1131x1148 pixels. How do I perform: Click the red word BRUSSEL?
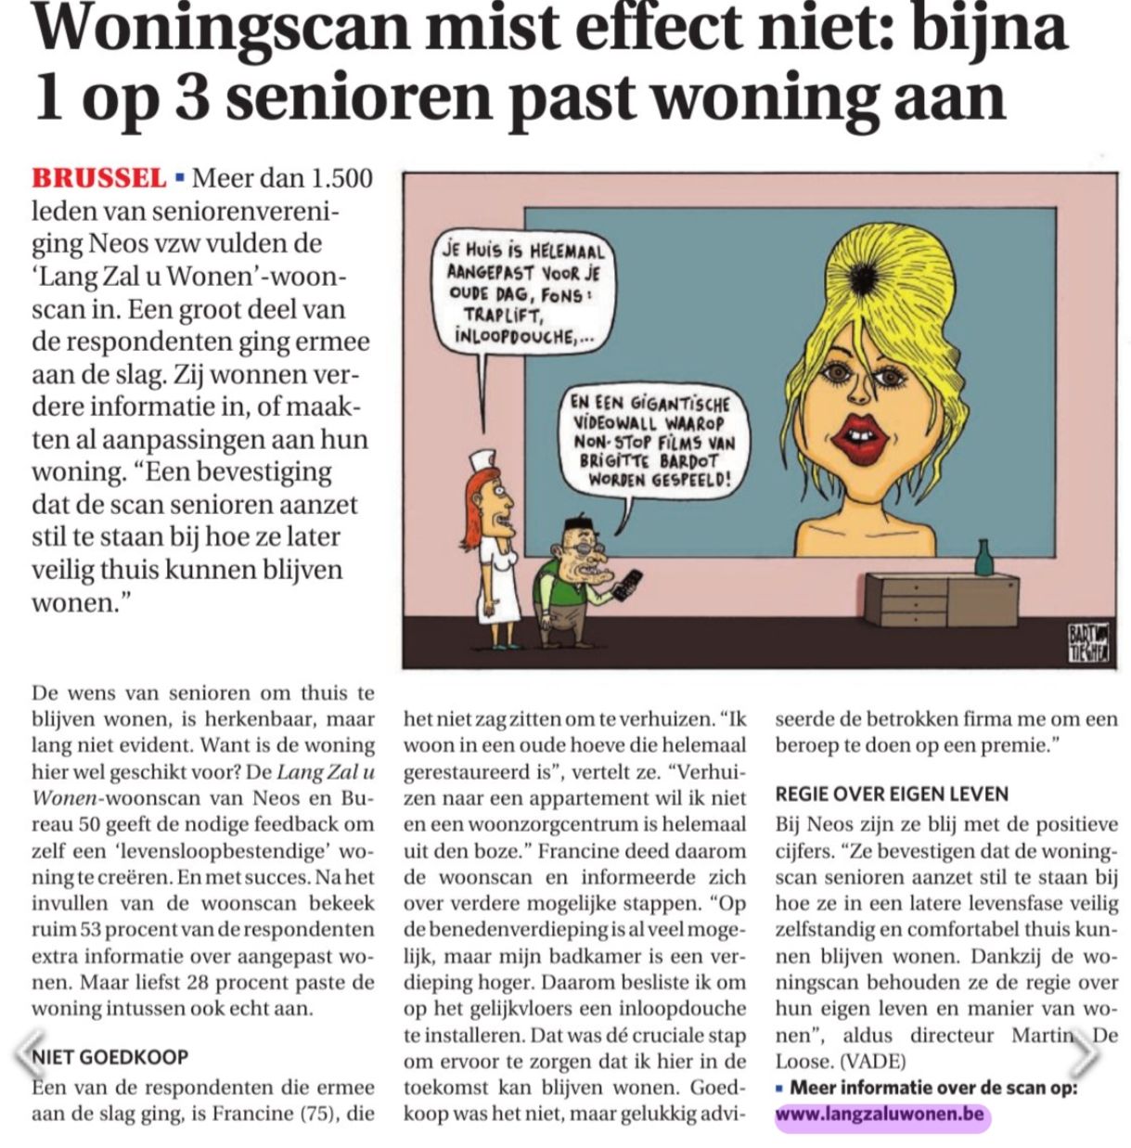99,176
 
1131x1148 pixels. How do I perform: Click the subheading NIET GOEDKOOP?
109,1056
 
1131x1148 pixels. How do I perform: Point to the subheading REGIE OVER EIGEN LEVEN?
892,793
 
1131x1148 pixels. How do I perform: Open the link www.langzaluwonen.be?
880,1115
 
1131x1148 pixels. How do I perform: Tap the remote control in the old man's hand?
631,582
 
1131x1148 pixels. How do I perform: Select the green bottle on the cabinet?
983,558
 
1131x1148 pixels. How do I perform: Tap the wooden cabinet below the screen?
941,599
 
